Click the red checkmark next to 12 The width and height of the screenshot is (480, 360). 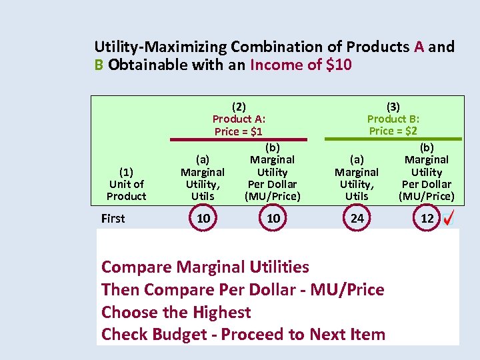pyautogui.click(x=449, y=219)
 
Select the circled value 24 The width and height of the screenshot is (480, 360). pyautogui.click(x=357, y=218)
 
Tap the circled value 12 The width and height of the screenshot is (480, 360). pyautogui.click(x=427, y=218)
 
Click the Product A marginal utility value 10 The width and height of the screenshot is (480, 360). pyautogui.click(x=203, y=218)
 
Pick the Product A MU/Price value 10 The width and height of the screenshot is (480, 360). pyautogui.click(x=273, y=218)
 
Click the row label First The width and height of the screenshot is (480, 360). pyautogui.click(x=113, y=218)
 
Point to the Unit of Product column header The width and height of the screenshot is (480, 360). pyautogui.click(x=126, y=184)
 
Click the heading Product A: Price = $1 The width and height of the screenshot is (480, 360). pyautogui.click(x=239, y=125)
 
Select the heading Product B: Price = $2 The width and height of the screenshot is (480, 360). pyautogui.click(x=393, y=125)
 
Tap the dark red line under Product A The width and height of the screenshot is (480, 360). pyautogui.click(x=238, y=139)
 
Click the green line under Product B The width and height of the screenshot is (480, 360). pyautogui.click(x=393, y=139)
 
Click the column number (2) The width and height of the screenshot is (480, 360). pyautogui.click(x=239, y=107)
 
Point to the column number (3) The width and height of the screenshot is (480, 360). pyautogui.click(x=393, y=107)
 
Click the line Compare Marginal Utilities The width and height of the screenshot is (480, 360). pyautogui.click(x=205, y=267)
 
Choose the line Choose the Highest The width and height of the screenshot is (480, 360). pyautogui.click(x=176, y=312)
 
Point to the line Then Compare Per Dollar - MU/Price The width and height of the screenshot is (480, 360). pyautogui.click(x=243, y=289)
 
